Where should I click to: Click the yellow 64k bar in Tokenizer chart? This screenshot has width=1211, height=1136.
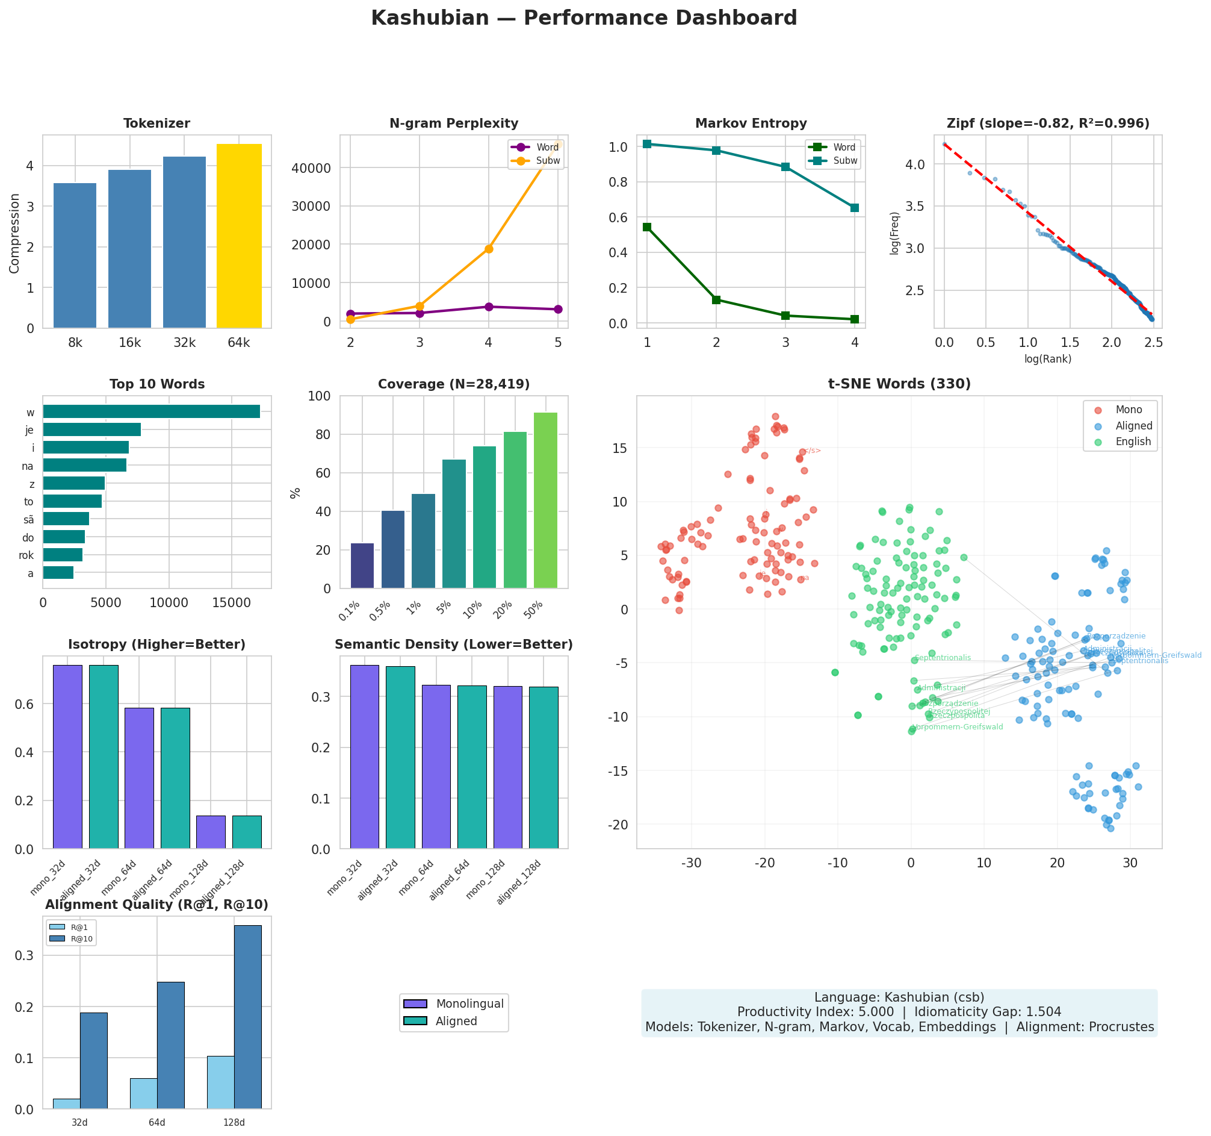(239, 236)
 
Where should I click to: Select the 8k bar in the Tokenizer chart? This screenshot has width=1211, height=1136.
(75, 255)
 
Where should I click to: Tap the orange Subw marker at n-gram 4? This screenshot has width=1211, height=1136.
(489, 249)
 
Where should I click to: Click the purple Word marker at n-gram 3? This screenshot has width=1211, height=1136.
(420, 313)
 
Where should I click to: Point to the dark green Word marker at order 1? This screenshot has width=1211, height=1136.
(647, 227)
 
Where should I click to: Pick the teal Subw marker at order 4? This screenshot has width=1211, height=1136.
(855, 208)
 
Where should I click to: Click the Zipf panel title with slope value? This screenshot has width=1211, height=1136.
(1048, 123)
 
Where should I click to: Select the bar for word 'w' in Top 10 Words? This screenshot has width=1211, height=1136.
(151, 412)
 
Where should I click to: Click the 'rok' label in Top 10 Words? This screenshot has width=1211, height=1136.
(26, 556)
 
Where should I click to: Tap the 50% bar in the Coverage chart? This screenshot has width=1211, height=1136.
(545, 501)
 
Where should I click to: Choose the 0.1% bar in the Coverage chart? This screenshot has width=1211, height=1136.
(362, 566)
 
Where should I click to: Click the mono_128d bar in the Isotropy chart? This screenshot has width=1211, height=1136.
(211, 832)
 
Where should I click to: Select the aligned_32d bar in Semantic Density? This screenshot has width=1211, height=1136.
(400, 757)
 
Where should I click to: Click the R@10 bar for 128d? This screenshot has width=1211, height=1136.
(247, 1017)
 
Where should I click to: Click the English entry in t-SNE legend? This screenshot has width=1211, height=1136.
(1132, 442)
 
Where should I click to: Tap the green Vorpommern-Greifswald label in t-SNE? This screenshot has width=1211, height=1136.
(958, 727)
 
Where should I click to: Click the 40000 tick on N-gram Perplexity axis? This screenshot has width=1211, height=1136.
(317, 168)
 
